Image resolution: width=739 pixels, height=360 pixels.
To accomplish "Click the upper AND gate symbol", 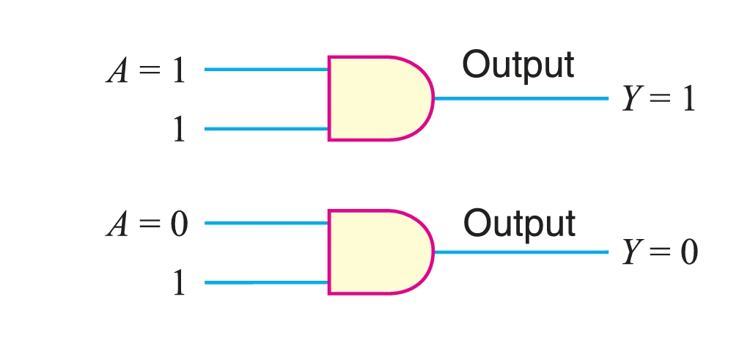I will coord(378,98).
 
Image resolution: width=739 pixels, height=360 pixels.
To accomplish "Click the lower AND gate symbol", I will coord(378,252).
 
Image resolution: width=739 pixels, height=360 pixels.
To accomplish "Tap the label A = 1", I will coord(147,73).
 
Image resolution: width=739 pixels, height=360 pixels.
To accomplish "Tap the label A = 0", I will coord(147,225).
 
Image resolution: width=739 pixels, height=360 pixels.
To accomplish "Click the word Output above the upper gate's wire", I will coord(518,66).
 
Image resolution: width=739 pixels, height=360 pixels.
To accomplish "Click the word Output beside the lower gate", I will coord(519,222).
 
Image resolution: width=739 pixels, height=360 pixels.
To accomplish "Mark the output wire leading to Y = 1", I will coord(521,98).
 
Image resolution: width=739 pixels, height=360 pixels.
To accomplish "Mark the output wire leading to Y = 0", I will coord(521,252).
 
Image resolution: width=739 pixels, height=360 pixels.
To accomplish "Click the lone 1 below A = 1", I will coord(178,131).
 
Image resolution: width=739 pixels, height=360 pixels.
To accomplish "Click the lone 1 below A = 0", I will coord(178,284).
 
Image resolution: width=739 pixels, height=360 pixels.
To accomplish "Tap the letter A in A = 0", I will coord(117,225).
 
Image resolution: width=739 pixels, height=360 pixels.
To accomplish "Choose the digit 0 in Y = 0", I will coord(688,253).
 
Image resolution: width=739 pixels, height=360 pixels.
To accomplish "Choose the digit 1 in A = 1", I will coord(178,73).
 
